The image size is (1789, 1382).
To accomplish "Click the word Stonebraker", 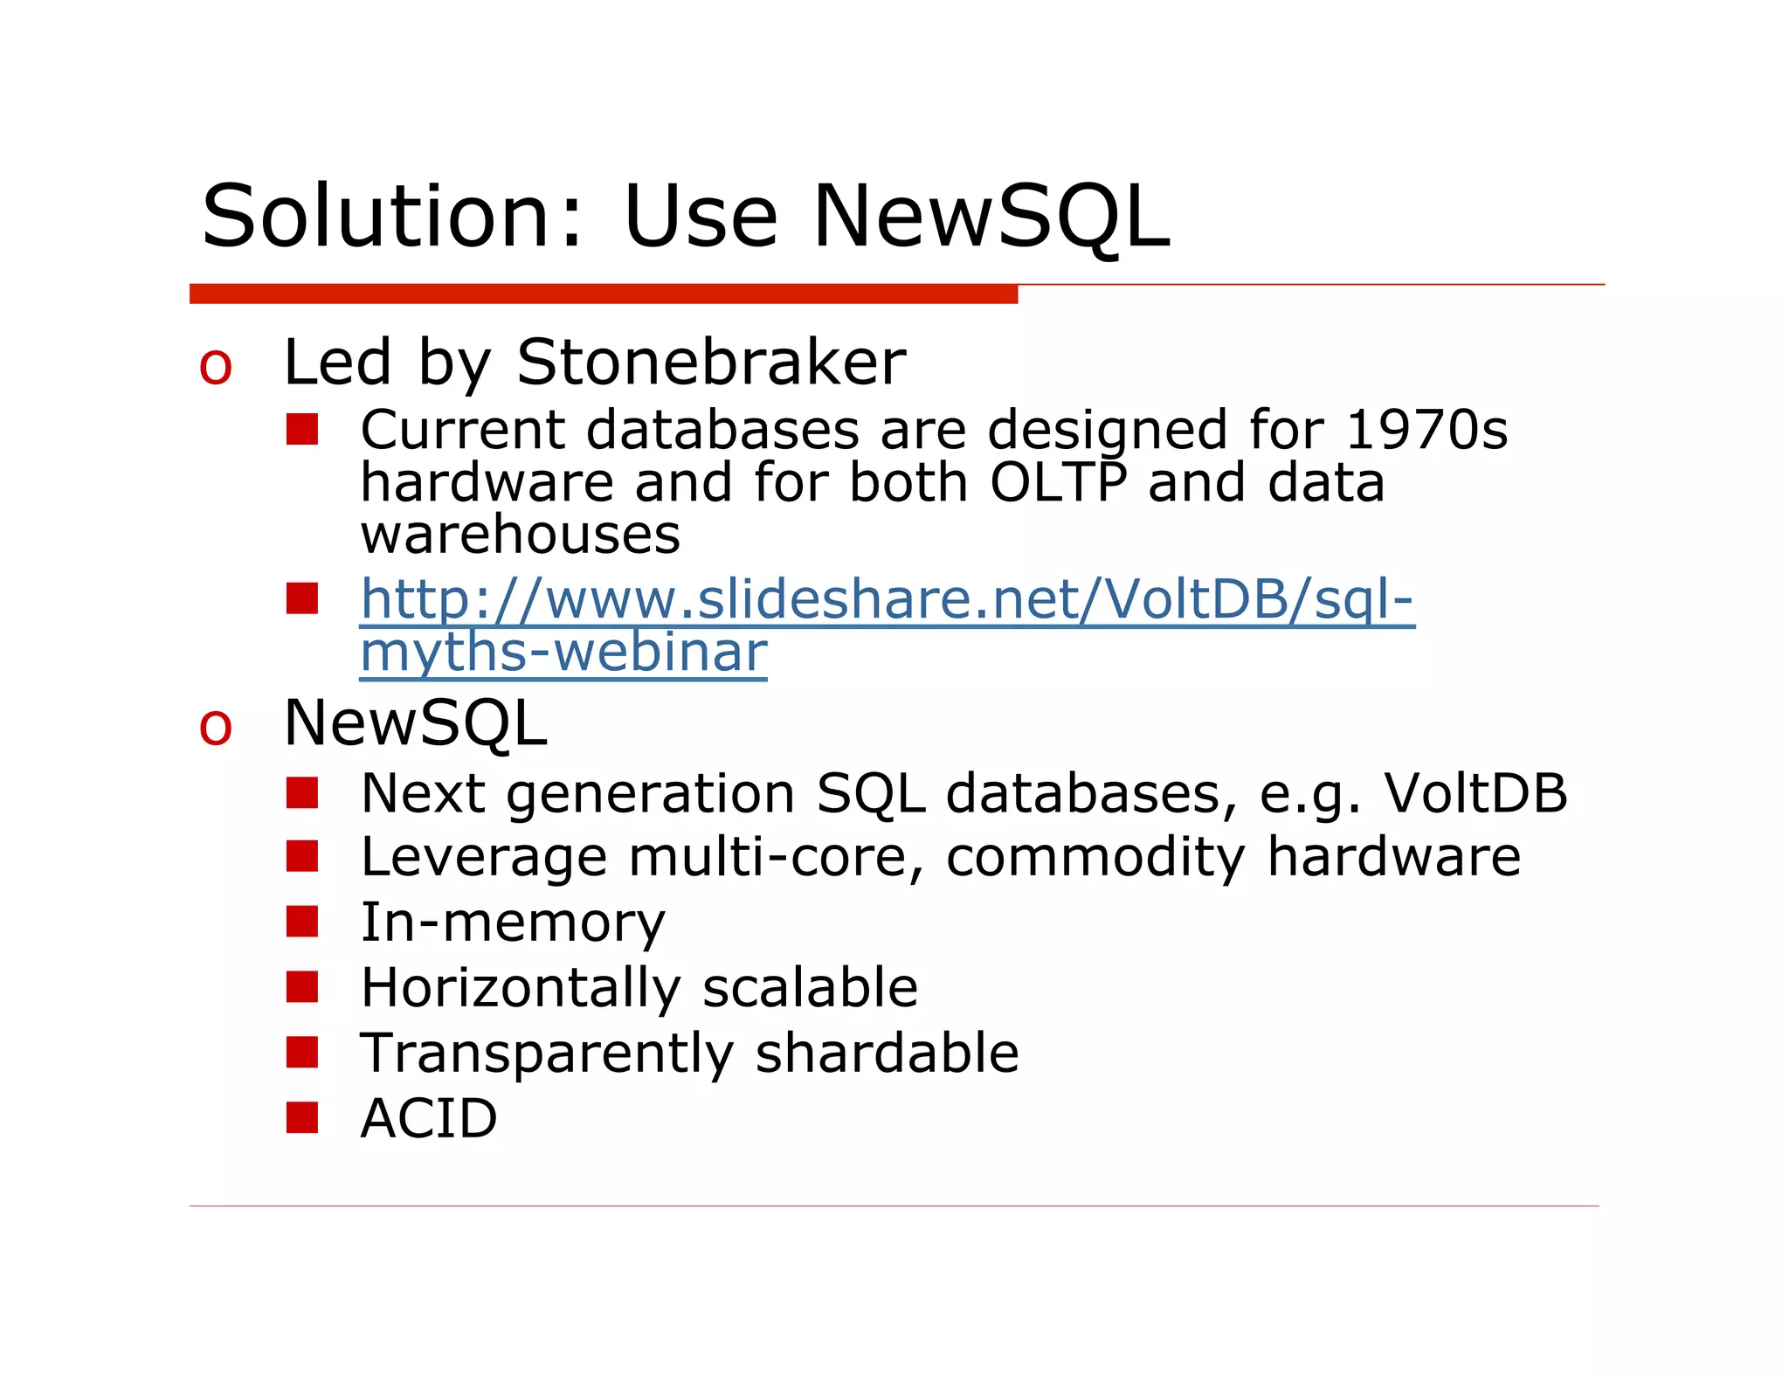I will pos(711,363).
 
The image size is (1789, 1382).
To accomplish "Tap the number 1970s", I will pos(1426,430).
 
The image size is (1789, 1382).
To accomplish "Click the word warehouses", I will pos(520,535).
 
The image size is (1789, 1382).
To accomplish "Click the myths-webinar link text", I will pos(563,653).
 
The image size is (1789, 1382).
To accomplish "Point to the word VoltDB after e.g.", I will pos(1475,793).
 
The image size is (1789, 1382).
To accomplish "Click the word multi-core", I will pos(774,857).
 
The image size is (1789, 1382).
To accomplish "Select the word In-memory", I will pos(513,922).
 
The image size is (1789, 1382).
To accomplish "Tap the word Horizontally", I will pos(520,988).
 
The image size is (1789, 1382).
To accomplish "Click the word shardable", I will pos(887,1053).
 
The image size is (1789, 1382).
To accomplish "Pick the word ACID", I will pos(429,1118).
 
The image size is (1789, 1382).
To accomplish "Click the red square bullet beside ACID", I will pos(302,1117).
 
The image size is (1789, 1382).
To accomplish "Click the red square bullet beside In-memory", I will pos(302,922).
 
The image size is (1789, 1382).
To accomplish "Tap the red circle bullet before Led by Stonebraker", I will pos(216,367).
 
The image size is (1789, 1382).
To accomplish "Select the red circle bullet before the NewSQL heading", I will pos(216,728).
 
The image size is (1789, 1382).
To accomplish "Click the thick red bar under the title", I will pos(603,294).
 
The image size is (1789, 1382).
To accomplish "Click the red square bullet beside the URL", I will pos(302,599).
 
